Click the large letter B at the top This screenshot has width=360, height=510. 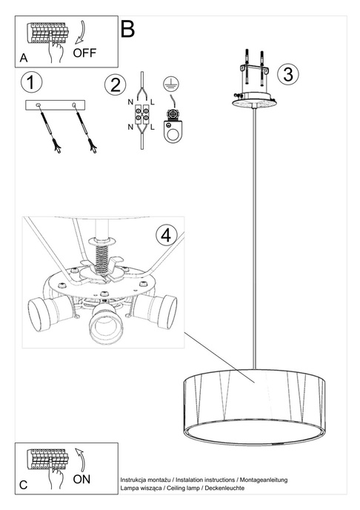coord(127,30)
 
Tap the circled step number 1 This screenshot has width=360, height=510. coord(32,82)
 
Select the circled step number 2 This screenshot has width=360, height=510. coord(114,85)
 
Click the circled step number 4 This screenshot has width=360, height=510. coord(167,235)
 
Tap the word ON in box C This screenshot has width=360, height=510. coord(82,479)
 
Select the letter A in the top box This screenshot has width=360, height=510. coord(24,57)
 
